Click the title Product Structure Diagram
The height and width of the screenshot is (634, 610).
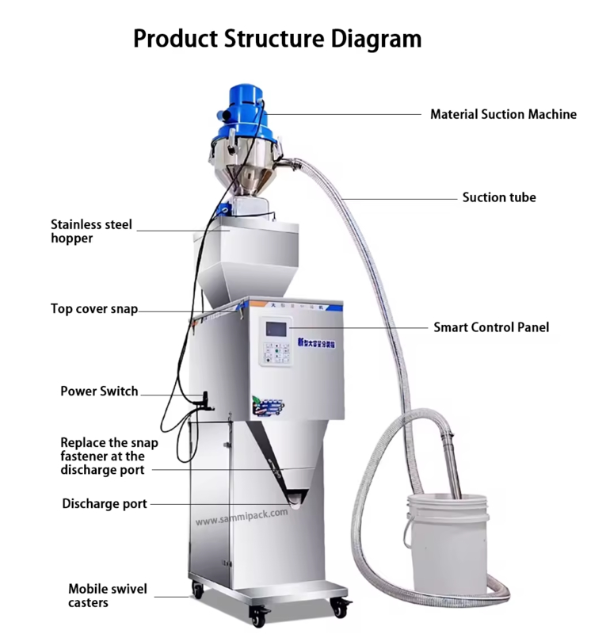pos(276,37)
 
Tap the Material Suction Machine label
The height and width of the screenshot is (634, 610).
pos(503,114)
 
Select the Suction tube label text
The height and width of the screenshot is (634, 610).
pos(499,197)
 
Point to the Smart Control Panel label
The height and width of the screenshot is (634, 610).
pos(490,327)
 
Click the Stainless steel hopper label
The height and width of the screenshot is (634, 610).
pos(91,231)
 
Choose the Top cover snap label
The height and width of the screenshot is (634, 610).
pos(94,309)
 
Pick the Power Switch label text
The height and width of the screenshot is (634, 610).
pos(99,391)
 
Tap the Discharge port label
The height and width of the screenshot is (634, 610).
pos(105,504)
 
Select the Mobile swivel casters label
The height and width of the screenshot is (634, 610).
pos(108,596)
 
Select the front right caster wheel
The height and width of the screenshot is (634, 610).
pos(341,609)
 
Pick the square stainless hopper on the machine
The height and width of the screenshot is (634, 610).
pos(250,258)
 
